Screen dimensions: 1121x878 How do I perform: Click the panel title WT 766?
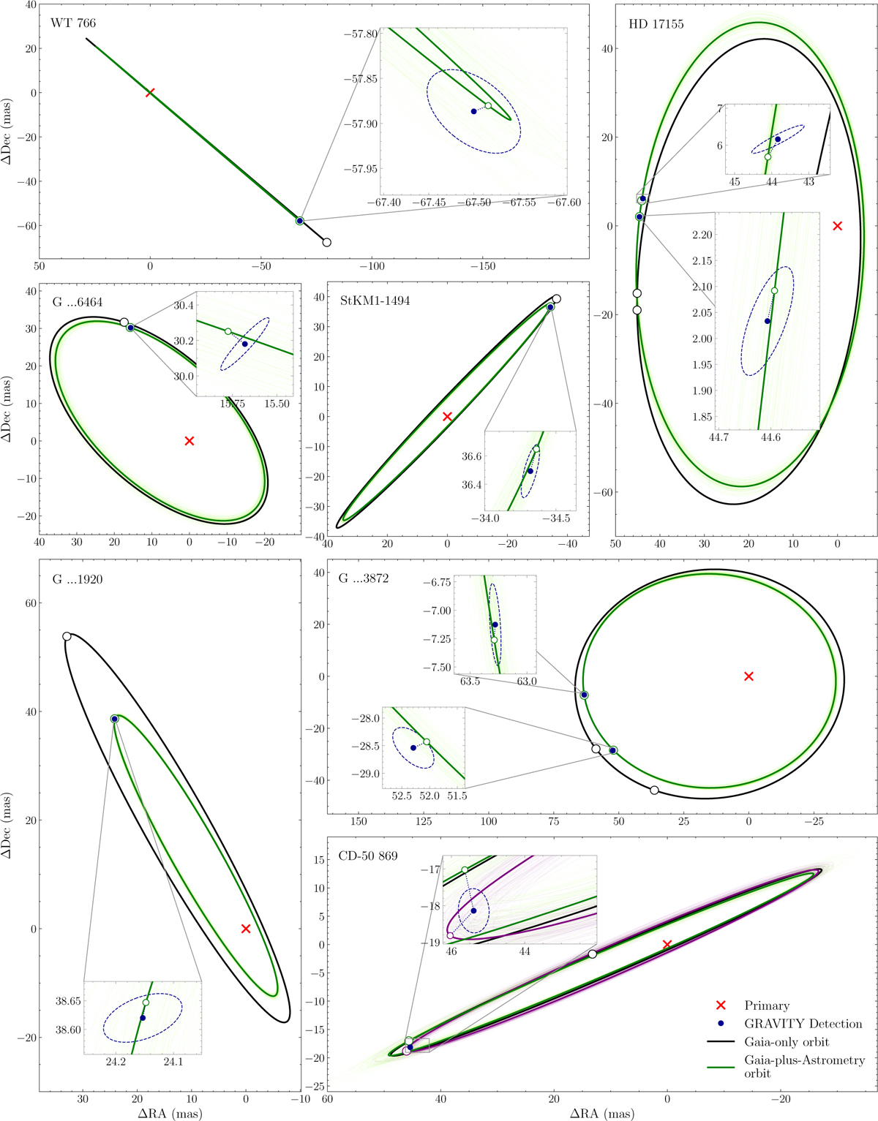(x=73, y=23)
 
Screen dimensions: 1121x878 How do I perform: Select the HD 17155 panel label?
(x=656, y=24)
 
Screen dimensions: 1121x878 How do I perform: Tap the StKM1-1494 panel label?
(x=375, y=301)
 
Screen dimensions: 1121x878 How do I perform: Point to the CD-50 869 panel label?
(x=368, y=856)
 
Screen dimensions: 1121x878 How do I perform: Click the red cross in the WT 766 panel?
(x=150, y=93)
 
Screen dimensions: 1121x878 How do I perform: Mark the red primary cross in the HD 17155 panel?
(x=838, y=226)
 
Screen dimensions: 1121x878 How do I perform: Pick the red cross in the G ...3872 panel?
(x=748, y=676)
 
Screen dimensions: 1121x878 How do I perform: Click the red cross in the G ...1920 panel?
(x=246, y=929)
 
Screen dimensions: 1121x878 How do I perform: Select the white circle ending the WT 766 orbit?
(x=327, y=243)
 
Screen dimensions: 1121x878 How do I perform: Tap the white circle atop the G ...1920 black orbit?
(x=67, y=636)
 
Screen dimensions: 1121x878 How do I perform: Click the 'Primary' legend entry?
(x=767, y=1005)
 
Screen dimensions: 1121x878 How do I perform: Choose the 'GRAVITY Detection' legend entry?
(x=803, y=1024)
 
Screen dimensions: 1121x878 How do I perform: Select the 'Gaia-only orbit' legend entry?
(x=787, y=1042)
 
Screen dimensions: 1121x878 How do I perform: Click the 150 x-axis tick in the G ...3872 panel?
(x=359, y=821)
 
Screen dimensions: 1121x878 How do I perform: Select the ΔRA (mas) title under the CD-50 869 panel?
(x=602, y=1113)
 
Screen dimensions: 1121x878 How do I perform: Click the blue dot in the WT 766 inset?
(x=474, y=111)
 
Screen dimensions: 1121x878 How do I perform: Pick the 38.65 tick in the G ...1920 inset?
(x=68, y=1001)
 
